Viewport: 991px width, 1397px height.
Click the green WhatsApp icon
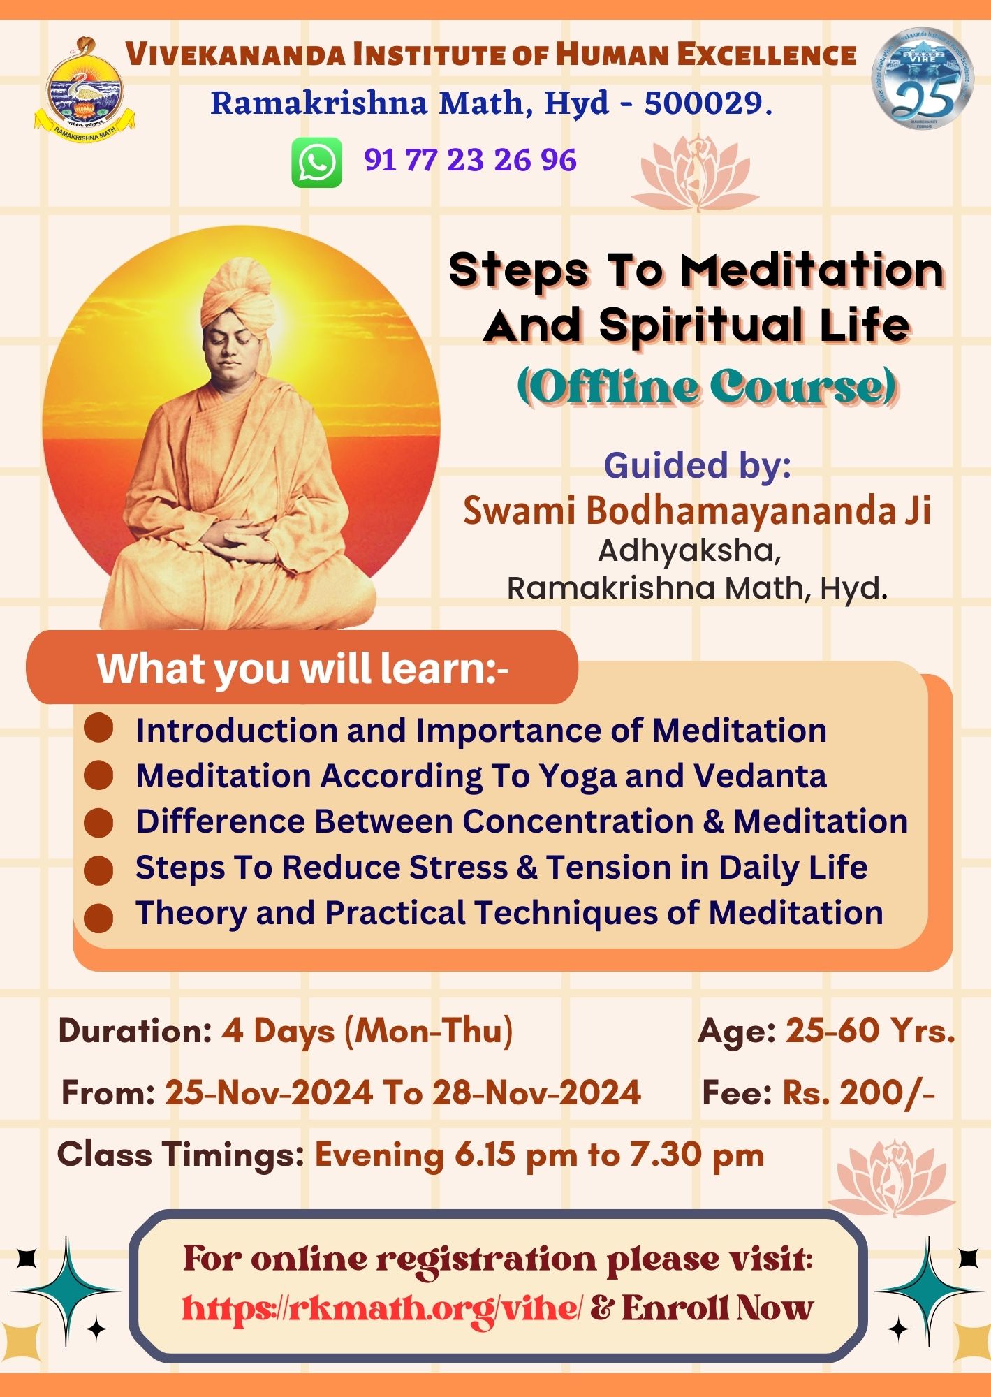tap(316, 162)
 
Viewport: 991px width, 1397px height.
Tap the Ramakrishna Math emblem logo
tap(85, 88)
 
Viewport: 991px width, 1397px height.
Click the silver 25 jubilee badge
tap(922, 79)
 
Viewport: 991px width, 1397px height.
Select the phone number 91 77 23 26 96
tap(470, 160)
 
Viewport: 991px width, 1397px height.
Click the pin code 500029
tap(708, 103)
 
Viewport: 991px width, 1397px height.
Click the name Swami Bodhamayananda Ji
tap(697, 510)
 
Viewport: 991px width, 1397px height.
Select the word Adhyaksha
tap(689, 551)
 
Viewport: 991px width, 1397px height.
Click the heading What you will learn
tap(302, 668)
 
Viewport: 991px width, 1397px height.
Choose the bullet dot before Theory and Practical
tap(98, 917)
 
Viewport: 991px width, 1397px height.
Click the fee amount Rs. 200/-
tap(858, 1092)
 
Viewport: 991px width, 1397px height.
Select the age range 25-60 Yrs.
tap(870, 1030)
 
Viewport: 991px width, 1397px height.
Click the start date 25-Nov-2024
tap(269, 1092)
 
